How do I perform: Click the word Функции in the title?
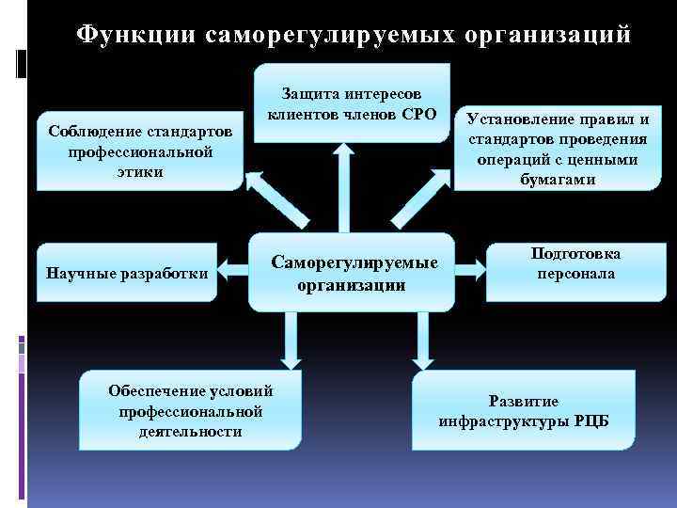coord(134,34)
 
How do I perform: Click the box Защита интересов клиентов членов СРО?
coord(352,103)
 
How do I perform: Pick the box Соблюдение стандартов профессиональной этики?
coord(140,151)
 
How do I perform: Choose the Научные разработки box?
coord(127,274)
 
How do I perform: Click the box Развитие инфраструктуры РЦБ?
coord(523,410)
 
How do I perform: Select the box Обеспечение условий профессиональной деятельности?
coord(190,410)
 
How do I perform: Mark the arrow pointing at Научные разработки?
coord(234,274)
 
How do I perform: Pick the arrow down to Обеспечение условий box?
coord(289,339)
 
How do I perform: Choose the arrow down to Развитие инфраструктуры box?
coord(422,339)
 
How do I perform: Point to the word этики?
coord(140,171)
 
